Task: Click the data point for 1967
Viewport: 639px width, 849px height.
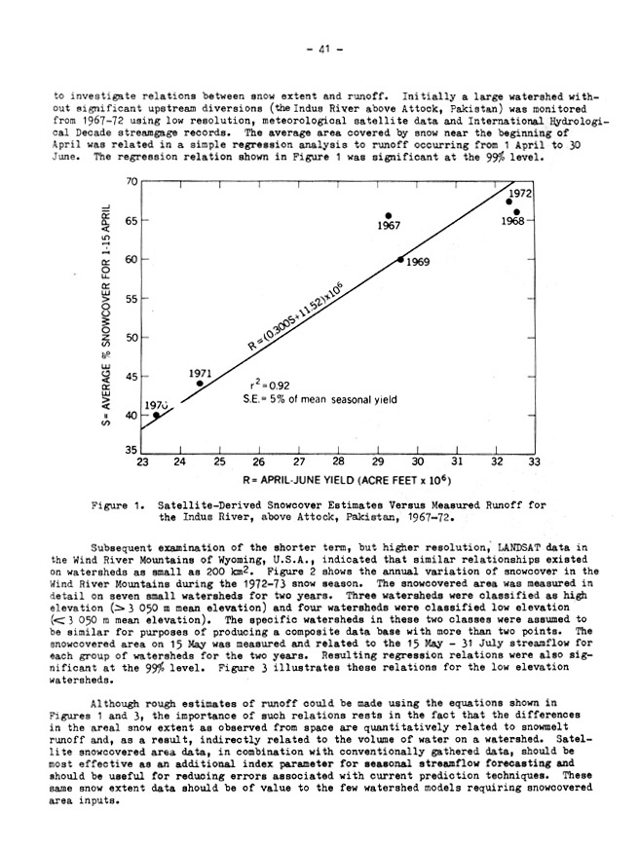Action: (389, 215)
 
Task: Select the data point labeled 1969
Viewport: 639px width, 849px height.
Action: (400, 259)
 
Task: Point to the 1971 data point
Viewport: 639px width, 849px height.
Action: (200, 384)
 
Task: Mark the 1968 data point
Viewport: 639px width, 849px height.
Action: (516, 212)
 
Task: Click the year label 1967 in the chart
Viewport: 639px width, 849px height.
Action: (389, 226)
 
